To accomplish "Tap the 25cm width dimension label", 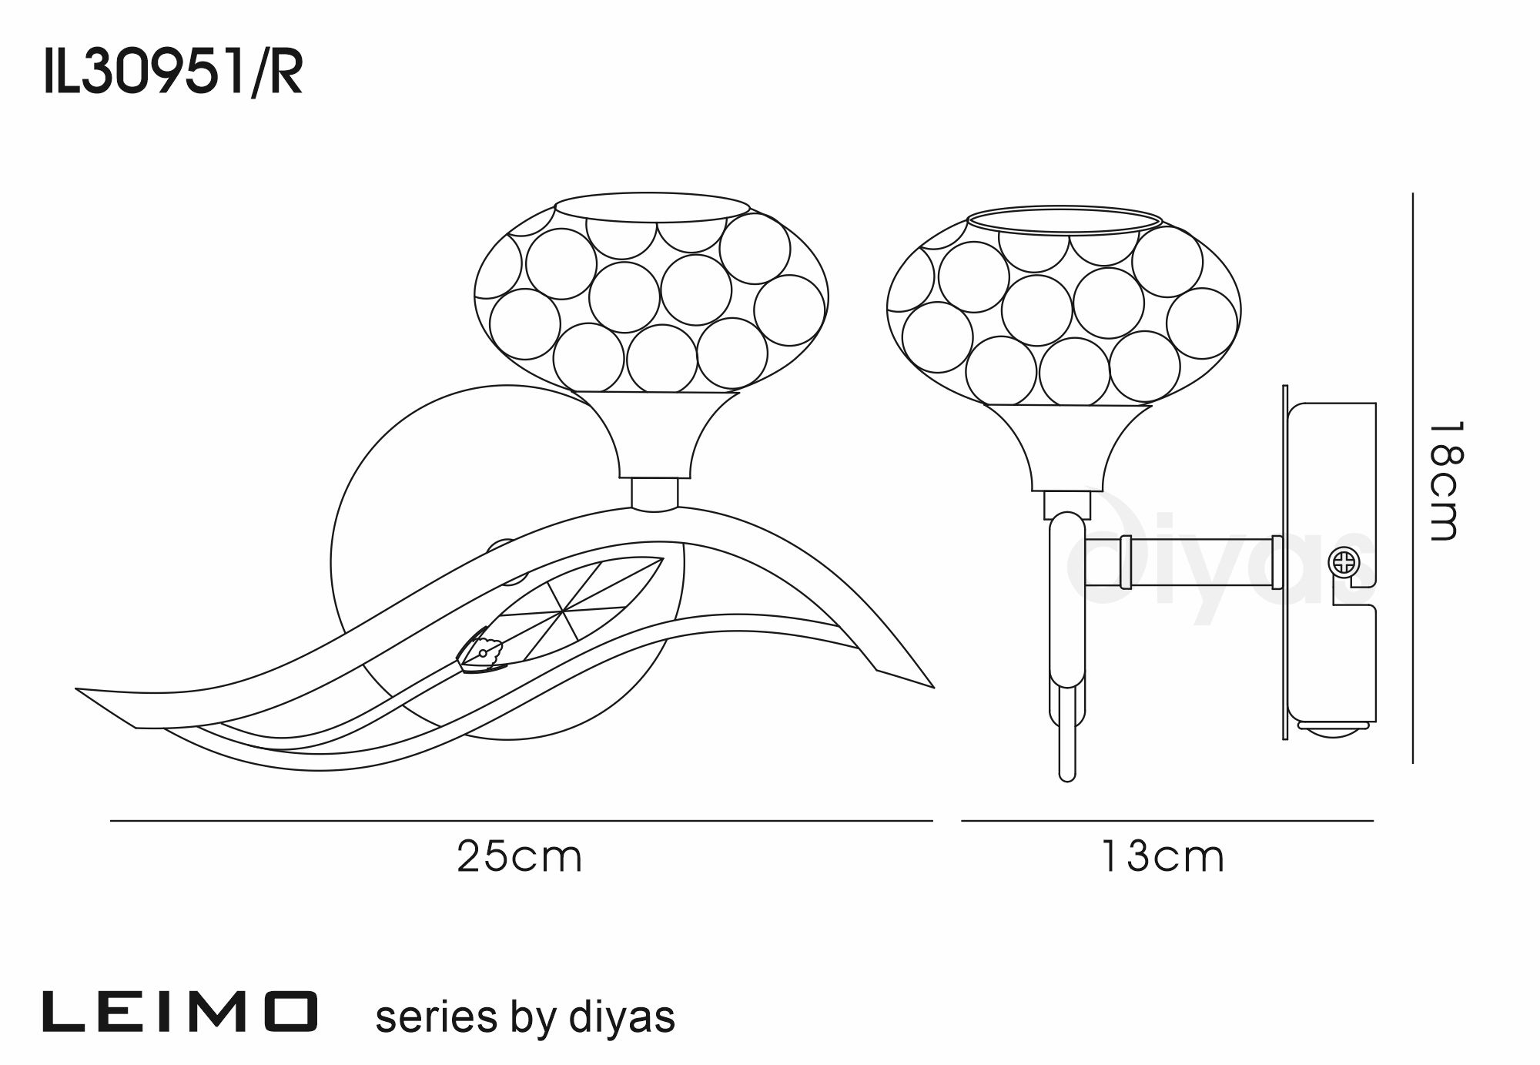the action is click(520, 856).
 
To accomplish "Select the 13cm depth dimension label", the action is click(1163, 856).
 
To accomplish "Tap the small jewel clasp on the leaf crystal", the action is click(482, 653).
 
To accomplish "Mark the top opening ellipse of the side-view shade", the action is click(1063, 219).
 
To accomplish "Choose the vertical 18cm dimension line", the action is click(1413, 477).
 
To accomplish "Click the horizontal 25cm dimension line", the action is click(521, 821).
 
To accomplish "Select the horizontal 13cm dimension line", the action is click(1167, 821).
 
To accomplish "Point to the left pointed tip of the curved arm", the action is click(76, 689).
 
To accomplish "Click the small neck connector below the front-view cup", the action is click(655, 494).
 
